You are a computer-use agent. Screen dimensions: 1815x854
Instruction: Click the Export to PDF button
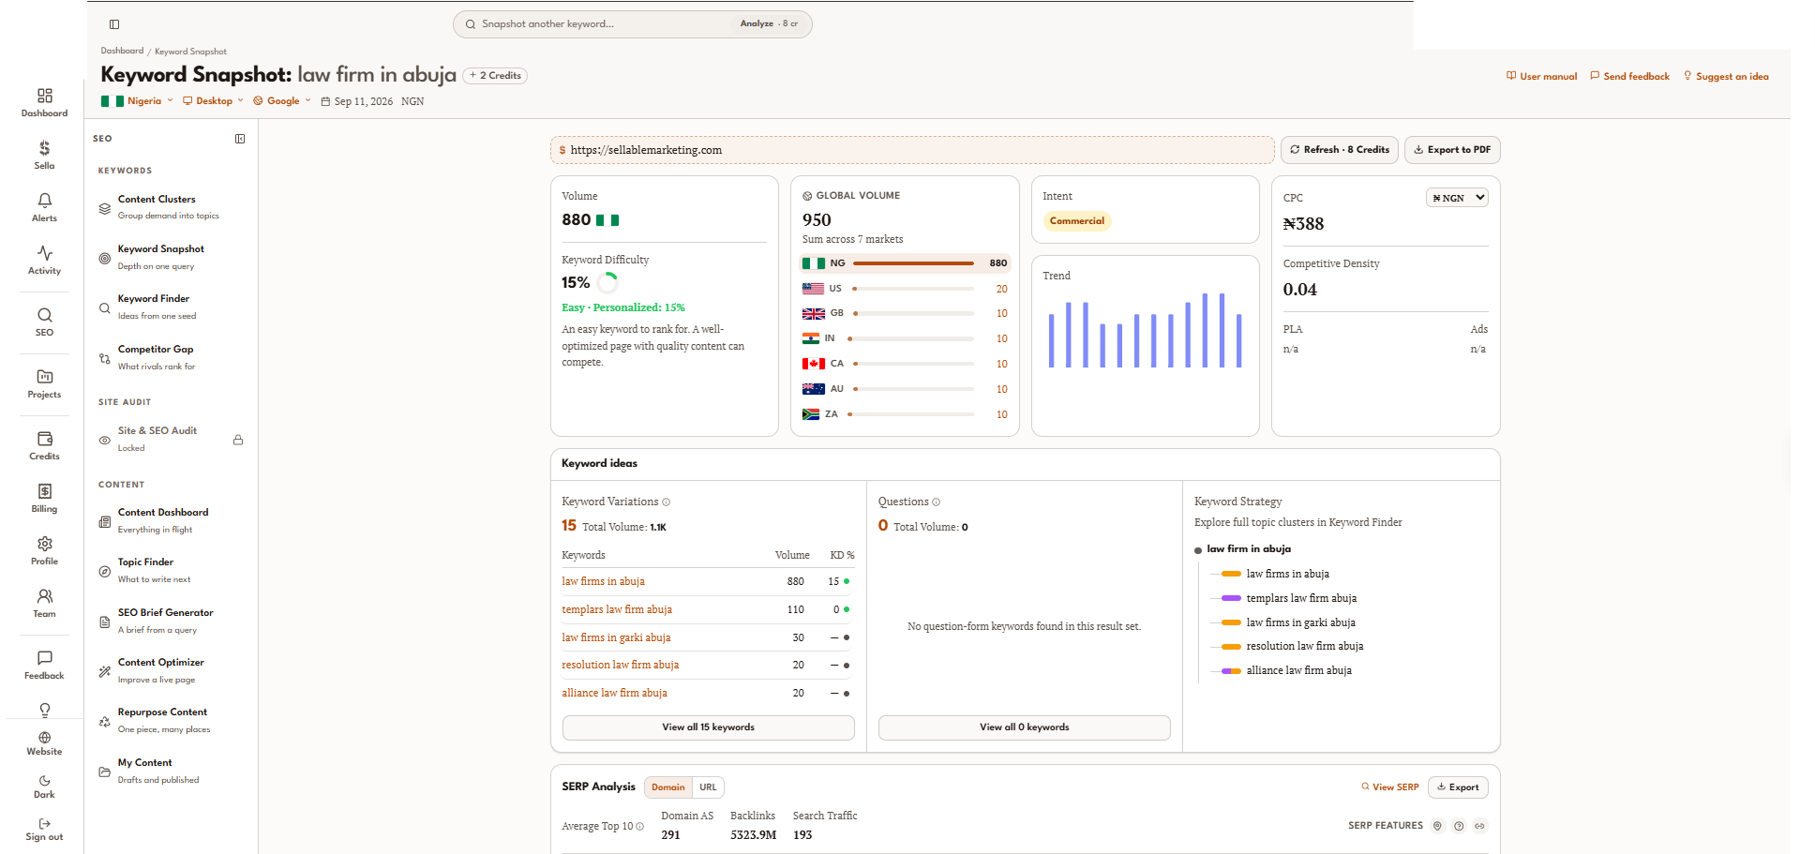point(1452,150)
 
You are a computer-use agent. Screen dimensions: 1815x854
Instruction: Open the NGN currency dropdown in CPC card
point(1457,198)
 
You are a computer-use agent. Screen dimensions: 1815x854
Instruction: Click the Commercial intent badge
point(1077,221)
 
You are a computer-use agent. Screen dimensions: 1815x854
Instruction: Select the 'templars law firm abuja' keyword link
point(617,609)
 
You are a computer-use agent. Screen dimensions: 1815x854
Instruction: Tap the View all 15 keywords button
point(708,727)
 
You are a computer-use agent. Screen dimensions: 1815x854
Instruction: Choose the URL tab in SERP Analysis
point(708,787)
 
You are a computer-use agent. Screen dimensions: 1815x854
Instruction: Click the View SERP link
point(1390,787)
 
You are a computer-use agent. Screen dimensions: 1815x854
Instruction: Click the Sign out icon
point(44,824)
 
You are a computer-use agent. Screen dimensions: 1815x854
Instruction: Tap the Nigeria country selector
point(137,101)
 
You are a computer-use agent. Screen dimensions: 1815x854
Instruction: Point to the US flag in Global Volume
point(813,289)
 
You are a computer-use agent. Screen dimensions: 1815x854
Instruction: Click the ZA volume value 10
point(1001,414)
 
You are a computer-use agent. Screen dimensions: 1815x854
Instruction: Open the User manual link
point(1541,77)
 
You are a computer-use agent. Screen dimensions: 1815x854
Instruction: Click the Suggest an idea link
point(1726,77)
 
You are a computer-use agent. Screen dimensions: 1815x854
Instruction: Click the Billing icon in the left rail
point(44,491)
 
